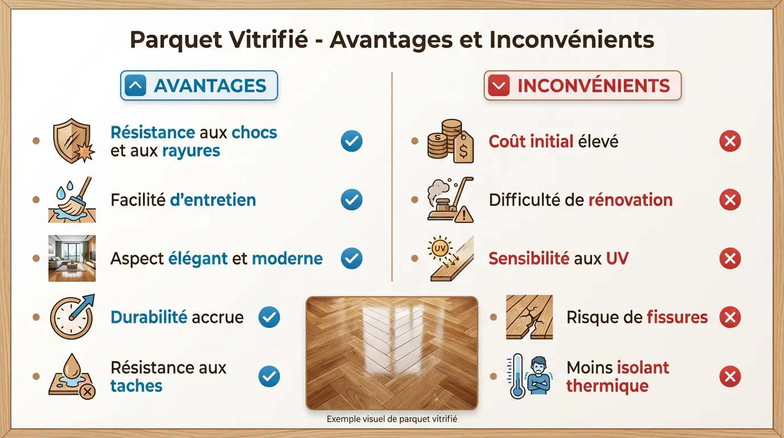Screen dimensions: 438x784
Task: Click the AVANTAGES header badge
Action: pos(199,86)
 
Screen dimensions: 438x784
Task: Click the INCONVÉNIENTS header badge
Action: pos(582,86)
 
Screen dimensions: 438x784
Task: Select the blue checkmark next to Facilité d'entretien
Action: pos(352,200)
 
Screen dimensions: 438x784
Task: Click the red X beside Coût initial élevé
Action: pos(730,141)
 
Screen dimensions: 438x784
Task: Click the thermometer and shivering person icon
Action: pos(529,376)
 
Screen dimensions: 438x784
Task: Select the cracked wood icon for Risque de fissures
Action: pos(529,317)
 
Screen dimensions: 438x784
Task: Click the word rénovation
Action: pos(630,200)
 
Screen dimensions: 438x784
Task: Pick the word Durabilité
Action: pos(149,317)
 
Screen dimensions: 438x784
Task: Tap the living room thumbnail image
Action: pos(72,258)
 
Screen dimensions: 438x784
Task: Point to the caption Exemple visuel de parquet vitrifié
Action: pos(392,419)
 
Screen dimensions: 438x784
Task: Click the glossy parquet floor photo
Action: pos(392,352)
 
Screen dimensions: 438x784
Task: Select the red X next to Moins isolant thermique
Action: pos(730,376)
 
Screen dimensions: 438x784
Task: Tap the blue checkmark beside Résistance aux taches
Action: pos(269,376)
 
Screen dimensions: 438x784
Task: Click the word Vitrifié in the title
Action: pos(275,40)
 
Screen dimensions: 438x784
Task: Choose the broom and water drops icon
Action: pos(72,200)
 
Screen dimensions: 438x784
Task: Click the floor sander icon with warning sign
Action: pos(450,200)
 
